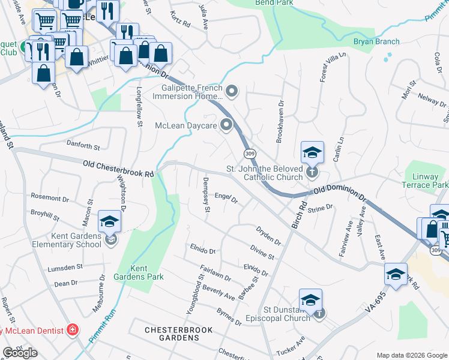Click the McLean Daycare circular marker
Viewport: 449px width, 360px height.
226,125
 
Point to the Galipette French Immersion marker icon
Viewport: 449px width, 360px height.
232,92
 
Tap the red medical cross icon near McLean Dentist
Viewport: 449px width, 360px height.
73,329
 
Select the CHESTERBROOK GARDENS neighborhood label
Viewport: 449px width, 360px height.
172,334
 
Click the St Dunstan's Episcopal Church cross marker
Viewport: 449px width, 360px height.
321,313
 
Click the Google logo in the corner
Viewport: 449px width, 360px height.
20,352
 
